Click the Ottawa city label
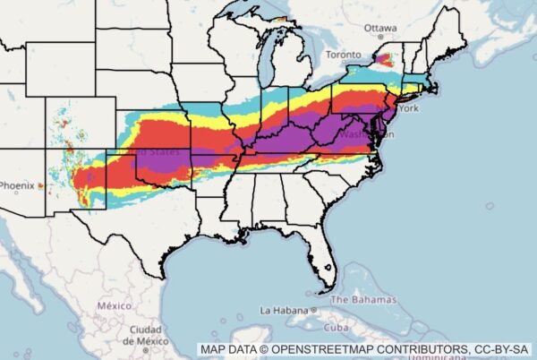[x=382, y=28]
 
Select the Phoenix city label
[x=16, y=185]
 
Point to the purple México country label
[x=114, y=305]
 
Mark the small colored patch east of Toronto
[x=384, y=61]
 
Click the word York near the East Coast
[x=408, y=108]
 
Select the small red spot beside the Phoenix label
[x=40, y=185]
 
